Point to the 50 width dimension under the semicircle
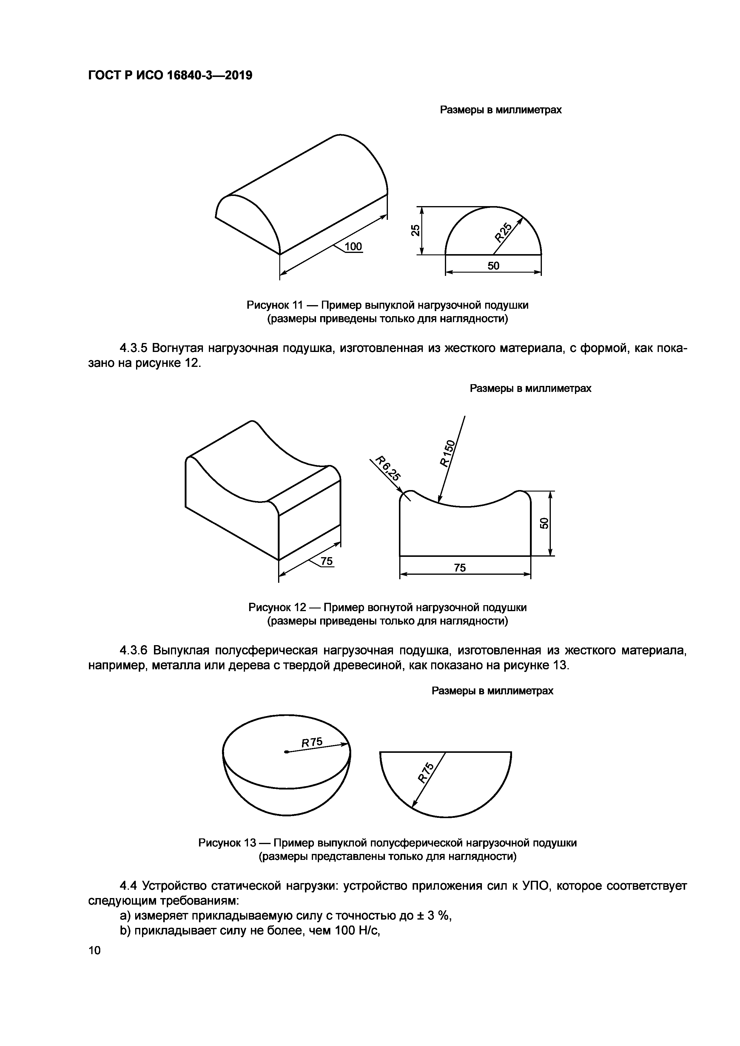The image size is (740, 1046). (494, 265)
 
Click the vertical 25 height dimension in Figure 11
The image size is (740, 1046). (415, 231)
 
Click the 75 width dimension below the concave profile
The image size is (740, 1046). (460, 568)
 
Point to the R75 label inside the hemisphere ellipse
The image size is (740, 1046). (312, 743)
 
